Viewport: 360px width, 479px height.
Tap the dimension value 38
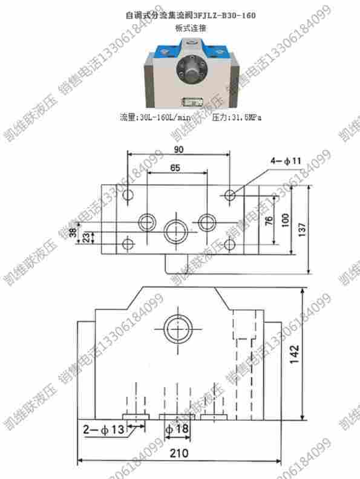(73, 232)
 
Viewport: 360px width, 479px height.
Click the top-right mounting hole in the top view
(231, 195)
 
